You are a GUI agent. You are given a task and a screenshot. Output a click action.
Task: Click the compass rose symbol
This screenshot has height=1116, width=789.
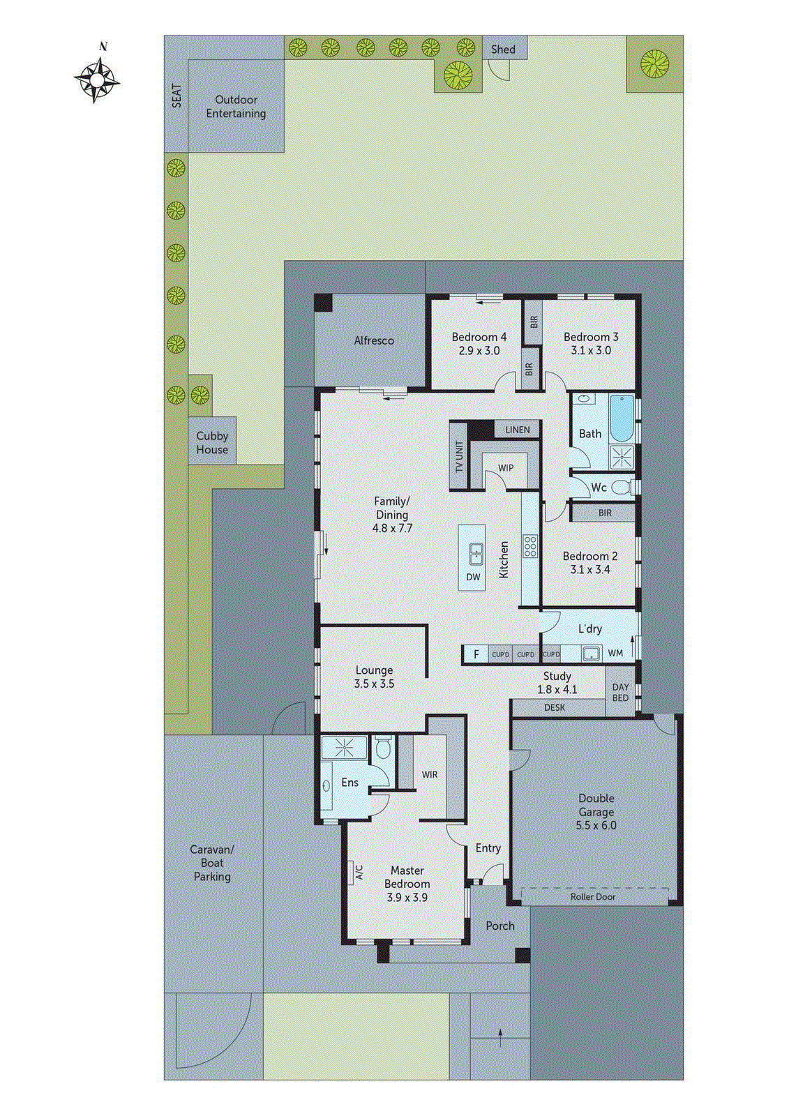[x=97, y=80]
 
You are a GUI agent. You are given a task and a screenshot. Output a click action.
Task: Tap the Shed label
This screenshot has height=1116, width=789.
[x=503, y=50]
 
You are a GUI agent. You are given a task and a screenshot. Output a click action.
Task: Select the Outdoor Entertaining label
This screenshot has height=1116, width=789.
[x=236, y=107]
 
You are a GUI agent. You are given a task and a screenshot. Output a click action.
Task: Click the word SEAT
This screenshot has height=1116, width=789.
[x=176, y=96]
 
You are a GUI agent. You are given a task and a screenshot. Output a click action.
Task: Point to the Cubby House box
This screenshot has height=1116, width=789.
[x=212, y=442]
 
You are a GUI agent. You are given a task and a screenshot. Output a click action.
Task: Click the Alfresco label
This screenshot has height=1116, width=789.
[x=374, y=340]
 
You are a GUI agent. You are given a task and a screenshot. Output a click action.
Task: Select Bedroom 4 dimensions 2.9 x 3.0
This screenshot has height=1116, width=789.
[x=479, y=351]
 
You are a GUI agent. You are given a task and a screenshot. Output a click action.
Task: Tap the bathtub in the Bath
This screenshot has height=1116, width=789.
[x=621, y=418]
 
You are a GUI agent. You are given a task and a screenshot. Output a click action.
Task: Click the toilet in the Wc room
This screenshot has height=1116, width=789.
[x=622, y=487]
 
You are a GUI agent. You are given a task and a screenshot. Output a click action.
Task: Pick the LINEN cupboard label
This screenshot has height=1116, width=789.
[x=517, y=430]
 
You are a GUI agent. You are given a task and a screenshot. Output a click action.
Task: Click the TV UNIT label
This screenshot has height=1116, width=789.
[x=459, y=458]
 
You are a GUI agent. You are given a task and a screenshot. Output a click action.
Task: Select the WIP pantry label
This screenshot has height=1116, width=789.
[x=506, y=468]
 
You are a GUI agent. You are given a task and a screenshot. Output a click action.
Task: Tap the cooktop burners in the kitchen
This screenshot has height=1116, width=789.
[x=530, y=545]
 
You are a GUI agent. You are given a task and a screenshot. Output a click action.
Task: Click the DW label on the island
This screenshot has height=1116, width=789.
[x=473, y=577]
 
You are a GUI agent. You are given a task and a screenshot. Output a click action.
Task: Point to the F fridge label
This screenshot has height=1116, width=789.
[x=476, y=654]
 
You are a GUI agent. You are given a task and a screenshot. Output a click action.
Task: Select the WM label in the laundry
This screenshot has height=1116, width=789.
[x=615, y=654]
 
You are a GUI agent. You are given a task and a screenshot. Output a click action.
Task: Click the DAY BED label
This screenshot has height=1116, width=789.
[x=620, y=693]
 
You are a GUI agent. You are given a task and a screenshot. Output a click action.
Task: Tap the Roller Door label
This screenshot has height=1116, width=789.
[x=593, y=897]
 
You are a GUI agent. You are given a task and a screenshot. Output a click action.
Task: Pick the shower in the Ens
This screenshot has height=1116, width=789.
[x=343, y=748]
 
